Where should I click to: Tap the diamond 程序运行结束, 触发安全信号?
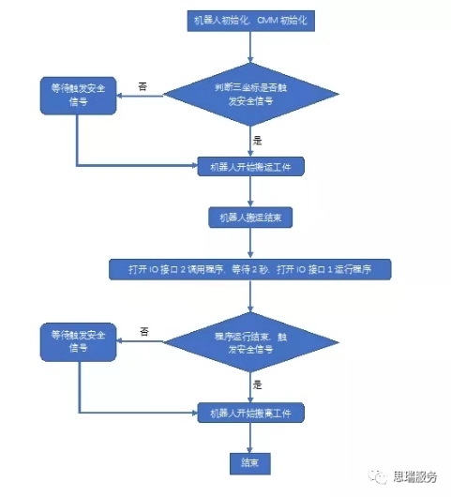pyautogui.click(x=250, y=341)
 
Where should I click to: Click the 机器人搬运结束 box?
pyautogui.click(x=250, y=217)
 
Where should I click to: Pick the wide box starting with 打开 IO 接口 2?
pyautogui.click(x=250, y=270)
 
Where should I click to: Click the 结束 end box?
pyautogui.click(x=250, y=462)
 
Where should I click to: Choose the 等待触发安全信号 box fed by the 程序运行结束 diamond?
pyautogui.click(x=78, y=341)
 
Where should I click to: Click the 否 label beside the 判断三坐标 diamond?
pyautogui.click(x=143, y=85)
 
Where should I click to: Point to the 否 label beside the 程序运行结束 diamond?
pyautogui.click(x=144, y=331)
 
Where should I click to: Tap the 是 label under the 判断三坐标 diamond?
pyautogui.click(x=257, y=140)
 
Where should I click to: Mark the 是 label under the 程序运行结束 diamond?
pyautogui.click(x=257, y=385)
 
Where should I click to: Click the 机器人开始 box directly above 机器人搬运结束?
pyautogui.click(x=250, y=166)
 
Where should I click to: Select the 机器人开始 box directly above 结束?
pyautogui.click(x=250, y=412)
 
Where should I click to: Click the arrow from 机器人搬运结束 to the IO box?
pyautogui.click(x=250, y=243)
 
